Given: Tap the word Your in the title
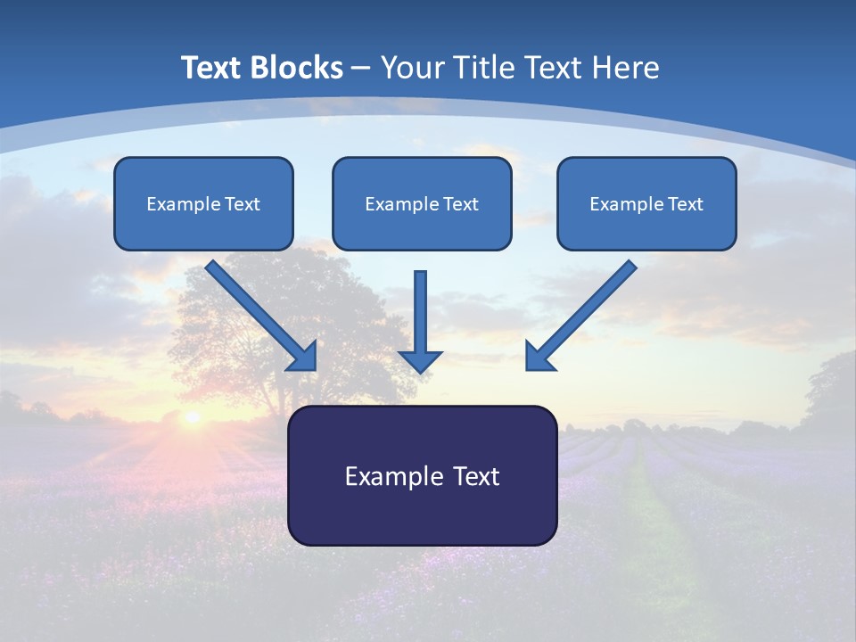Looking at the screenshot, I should (x=415, y=68).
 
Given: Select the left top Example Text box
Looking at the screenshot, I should (x=203, y=203).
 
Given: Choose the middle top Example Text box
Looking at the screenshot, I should (x=422, y=203).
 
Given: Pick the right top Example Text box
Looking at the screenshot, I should (x=646, y=203).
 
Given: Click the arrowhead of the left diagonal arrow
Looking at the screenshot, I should (x=303, y=357).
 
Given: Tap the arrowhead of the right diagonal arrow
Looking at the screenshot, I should (x=539, y=357).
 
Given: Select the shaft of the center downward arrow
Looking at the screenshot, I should (x=420, y=308).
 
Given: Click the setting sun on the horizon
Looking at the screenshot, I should (x=191, y=416).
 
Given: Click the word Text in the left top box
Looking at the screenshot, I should (x=243, y=204).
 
